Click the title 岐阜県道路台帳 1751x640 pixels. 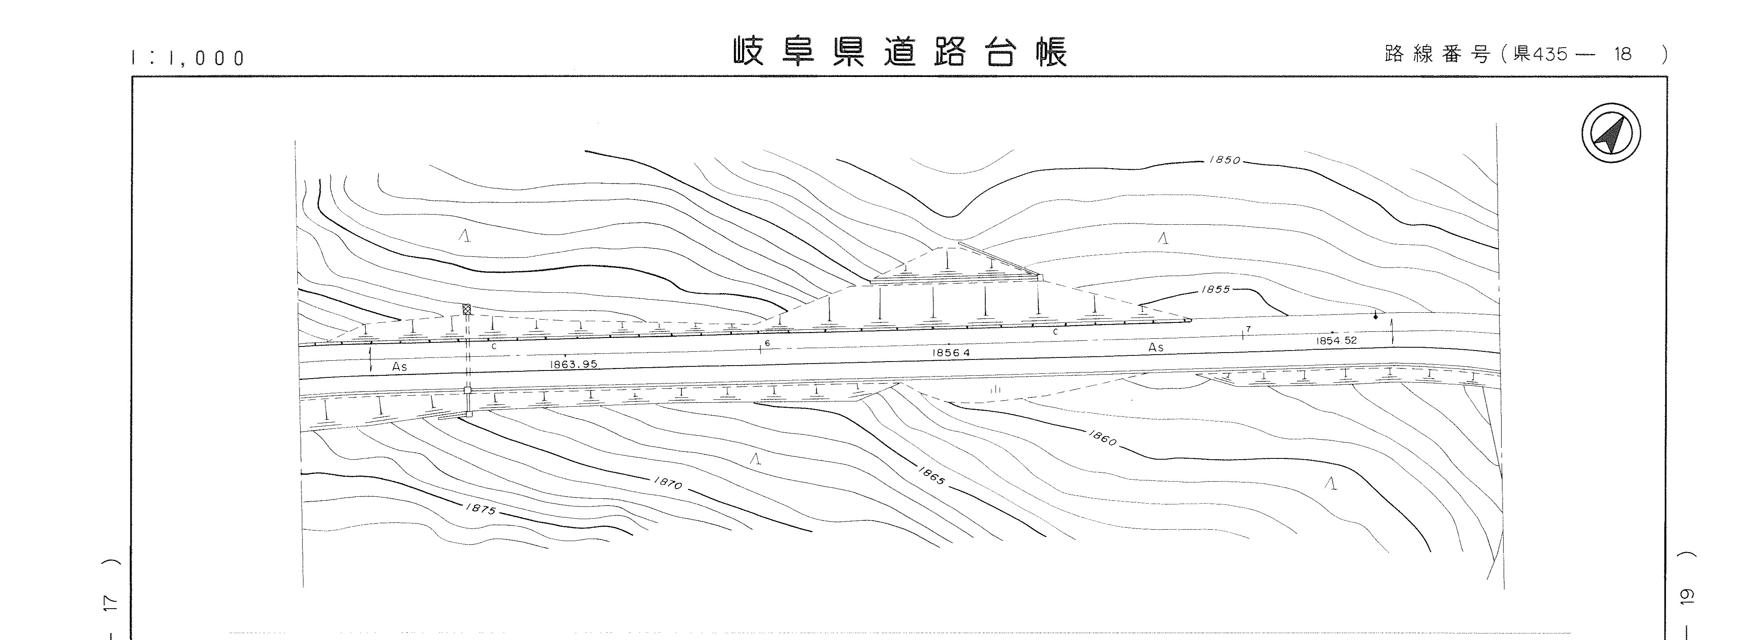[901, 52]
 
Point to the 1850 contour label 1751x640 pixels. [1225, 160]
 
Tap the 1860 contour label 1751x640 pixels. [1103, 438]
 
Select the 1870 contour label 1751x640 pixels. [668, 483]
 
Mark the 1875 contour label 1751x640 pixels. [481, 508]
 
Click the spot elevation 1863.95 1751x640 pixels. [574, 364]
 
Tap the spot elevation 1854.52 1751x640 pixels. [1336, 340]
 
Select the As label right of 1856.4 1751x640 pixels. [1156, 347]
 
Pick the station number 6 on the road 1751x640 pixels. [767, 344]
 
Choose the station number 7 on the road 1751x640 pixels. [1249, 329]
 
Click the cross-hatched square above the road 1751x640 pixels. [466, 309]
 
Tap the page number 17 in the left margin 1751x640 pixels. [113, 603]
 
